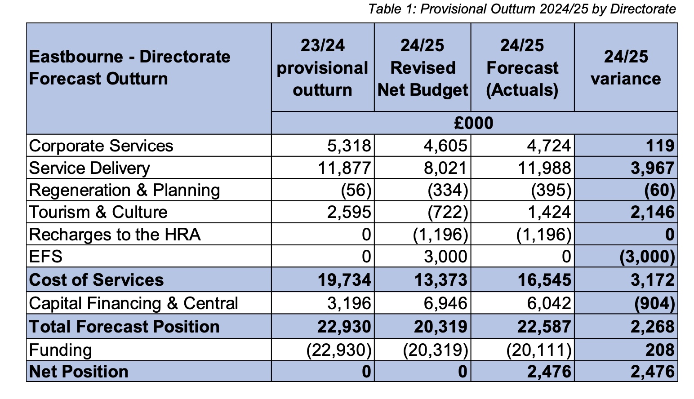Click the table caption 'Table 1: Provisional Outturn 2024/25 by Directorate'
point(522,9)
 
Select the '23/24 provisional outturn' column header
point(322,67)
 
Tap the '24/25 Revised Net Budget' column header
point(423,67)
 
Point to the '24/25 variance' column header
point(626,67)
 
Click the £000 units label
point(474,123)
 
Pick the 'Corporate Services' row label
point(101,146)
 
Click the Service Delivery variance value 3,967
point(652,168)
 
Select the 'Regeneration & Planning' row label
point(125,190)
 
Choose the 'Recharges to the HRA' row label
point(115,235)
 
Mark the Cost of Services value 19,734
point(345,280)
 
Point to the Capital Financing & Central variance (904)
point(654,304)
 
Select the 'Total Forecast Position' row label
point(124,327)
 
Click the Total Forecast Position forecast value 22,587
point(544,327)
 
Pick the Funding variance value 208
point(660,350)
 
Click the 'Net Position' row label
point(79,372)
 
